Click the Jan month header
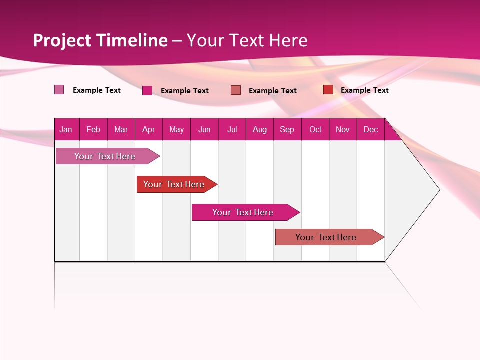66,130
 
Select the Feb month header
93,130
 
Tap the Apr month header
149,130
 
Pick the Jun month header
204,130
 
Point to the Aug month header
260,130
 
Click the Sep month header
287,130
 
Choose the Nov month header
343,130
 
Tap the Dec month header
371,130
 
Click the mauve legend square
59,90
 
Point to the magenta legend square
147,90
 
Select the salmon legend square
236,90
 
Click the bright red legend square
328,89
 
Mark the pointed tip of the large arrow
439,189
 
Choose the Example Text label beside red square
364,90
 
